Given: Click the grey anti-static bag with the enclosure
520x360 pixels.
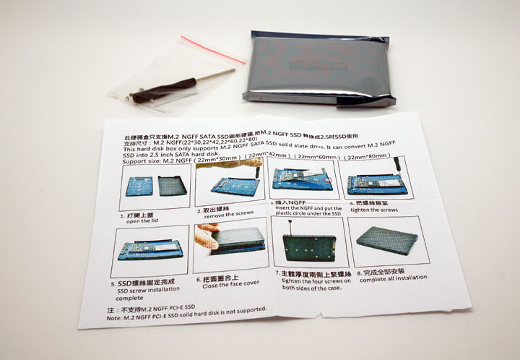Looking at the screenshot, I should pyautogui.click(x=322, y=69).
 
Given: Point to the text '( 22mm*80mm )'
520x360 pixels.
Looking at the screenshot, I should pyautogui.click(x=370, y=155).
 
